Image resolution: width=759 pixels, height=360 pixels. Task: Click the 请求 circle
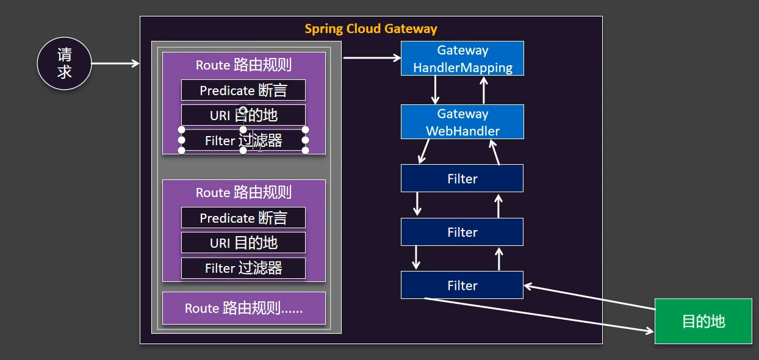(64, 63)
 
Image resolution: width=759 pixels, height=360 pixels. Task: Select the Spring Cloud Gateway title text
(371, 29)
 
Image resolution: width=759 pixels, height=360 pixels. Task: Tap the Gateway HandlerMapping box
(462, 59)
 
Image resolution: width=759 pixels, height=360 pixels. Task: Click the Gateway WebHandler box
(462, 122)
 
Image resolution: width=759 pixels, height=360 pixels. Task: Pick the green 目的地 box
(703, 321)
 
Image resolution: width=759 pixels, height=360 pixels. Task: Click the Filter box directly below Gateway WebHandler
(462, 178)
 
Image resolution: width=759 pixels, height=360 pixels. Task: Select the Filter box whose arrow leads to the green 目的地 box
(462, 285)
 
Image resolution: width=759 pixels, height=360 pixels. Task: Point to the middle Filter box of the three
(462, 232)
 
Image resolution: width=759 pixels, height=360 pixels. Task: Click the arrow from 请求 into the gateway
(115, 63)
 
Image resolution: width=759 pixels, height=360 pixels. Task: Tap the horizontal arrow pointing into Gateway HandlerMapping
(372, 58)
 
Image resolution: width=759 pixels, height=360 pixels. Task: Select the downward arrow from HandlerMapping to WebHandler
(436, 90)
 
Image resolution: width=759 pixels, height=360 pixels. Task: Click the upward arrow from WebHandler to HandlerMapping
(484, 90)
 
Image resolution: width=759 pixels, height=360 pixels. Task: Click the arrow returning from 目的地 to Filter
(589, 297)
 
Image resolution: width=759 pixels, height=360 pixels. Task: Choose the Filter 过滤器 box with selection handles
(243, 140)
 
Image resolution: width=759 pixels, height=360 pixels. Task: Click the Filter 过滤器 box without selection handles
(243, 268)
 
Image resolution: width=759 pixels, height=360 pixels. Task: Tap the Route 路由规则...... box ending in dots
(243, 308)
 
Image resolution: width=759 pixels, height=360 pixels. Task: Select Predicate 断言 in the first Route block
(243, 90)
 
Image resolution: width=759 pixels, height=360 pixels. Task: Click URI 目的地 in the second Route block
(243, 242)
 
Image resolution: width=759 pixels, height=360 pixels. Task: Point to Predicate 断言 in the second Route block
(243, 218)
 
